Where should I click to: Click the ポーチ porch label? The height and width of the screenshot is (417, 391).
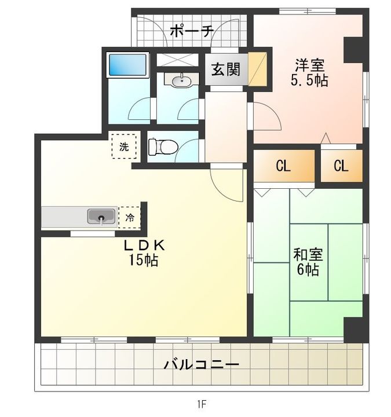tap(192, 32)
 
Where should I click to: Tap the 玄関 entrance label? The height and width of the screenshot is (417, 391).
tap(226, 69)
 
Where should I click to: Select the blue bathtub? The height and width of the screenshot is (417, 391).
tap(127, 65)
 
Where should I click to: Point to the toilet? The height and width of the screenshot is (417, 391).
tap(163, 147)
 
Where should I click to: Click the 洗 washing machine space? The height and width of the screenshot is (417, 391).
tap(124, 147)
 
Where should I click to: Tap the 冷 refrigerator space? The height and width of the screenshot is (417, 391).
tap(130, 218)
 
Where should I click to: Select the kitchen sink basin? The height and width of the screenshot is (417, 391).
tap(101, 216)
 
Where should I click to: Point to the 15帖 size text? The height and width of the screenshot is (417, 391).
tap(144, 260)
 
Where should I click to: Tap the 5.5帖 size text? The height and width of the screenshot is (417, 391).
tap(309, 80)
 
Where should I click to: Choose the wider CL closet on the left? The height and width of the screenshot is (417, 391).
tap(284, 166)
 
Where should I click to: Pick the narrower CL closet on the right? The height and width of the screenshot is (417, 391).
tap(342, 166)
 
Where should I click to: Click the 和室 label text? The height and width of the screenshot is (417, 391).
tap(308, 254)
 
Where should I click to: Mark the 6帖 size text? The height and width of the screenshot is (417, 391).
tap(308, 269)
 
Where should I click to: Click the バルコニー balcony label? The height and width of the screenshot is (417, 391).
tap(202, 364)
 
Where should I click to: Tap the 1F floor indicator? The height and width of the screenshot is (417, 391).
tap(202, 404)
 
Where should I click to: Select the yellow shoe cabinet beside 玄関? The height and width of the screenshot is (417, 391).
tap(257, 69)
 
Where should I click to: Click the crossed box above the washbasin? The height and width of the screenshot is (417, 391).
tap(178, 60)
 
